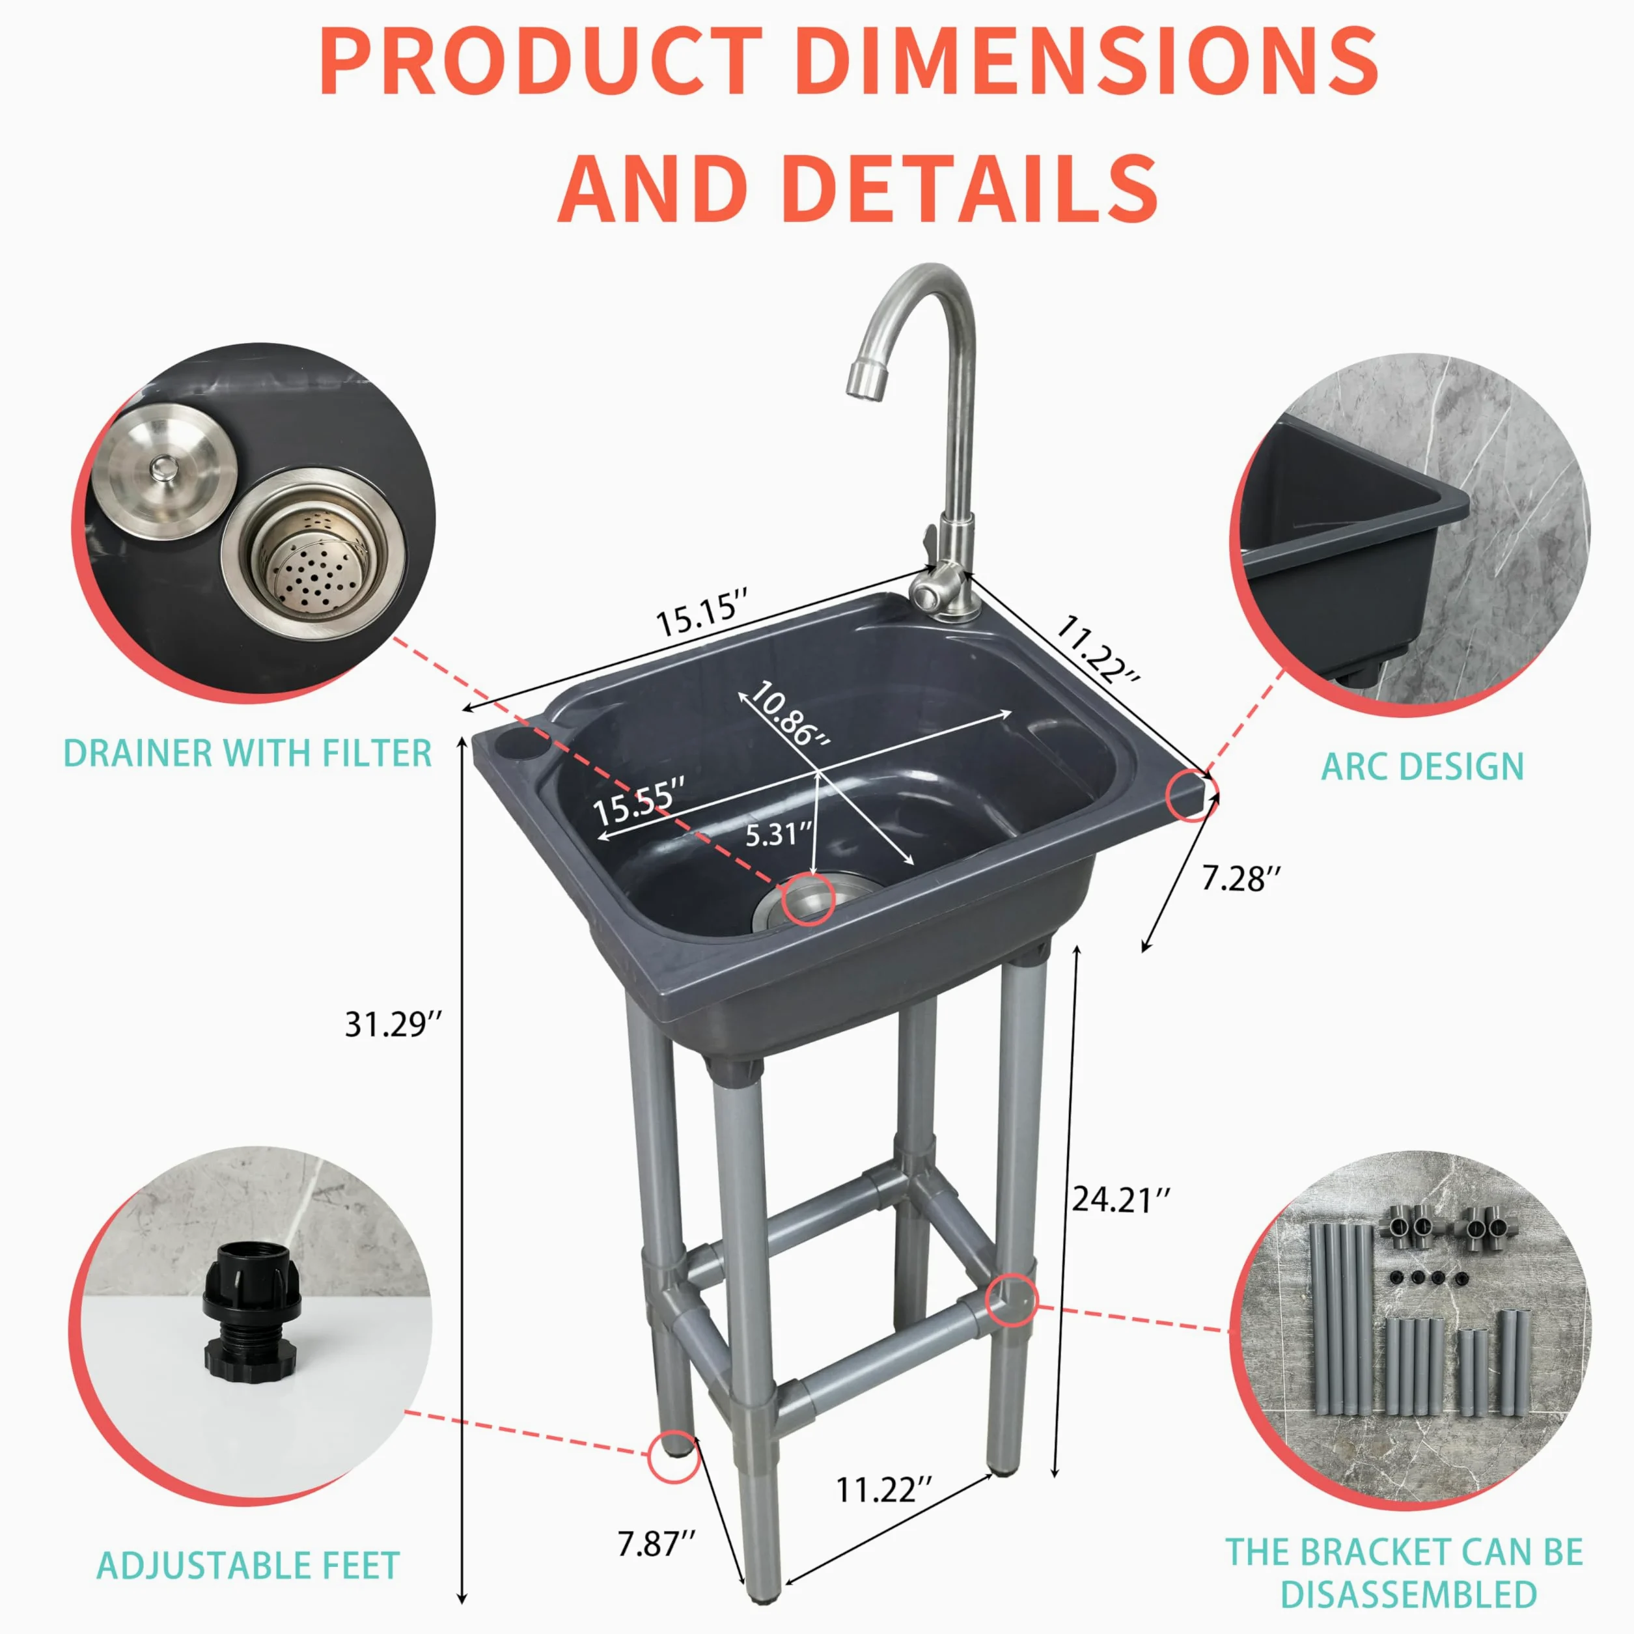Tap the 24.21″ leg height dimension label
point(1122,1199)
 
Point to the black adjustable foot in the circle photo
point(251,1335)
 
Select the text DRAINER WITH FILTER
point(249,753)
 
